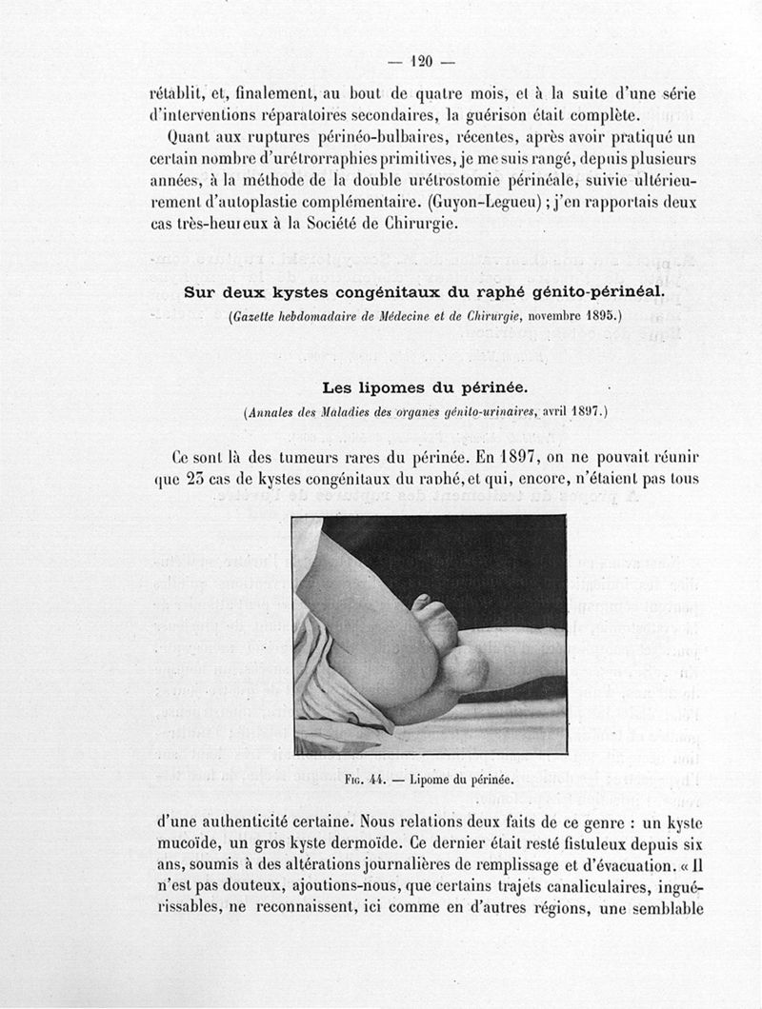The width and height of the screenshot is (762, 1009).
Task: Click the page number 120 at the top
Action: coord(420,62)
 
